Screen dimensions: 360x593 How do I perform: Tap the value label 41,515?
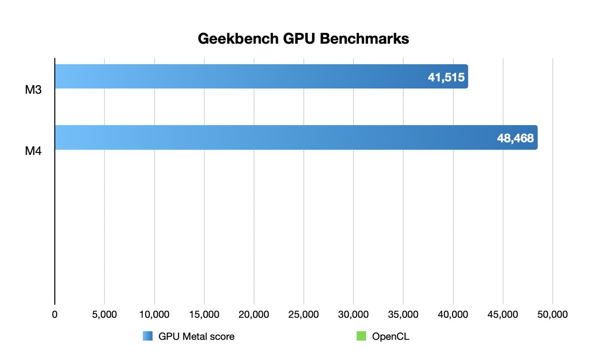(446, 77)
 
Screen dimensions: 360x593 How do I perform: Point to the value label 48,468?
(516, 138)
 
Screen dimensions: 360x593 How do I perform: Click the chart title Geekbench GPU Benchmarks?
(303, 39)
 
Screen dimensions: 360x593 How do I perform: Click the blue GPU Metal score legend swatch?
(148, 337)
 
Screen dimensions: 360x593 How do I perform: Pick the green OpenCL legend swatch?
(361, 337)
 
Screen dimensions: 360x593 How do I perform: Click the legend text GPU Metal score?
(196, 337)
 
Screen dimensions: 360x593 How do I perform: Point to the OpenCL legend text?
(391, 337)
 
